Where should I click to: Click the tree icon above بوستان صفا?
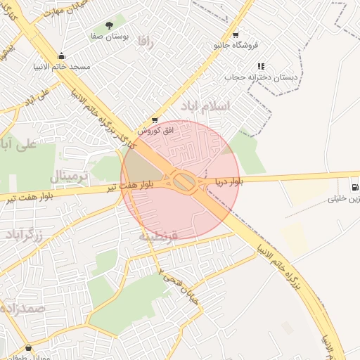pos(108,25)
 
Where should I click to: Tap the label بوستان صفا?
pos(109,36)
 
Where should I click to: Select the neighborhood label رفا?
pos(146,40)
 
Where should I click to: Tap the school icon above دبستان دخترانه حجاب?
pos(261,66)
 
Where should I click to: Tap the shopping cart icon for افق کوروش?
pos(154,120)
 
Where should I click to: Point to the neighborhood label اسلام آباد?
pos(205,106)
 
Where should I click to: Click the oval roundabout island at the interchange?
pos(185,182)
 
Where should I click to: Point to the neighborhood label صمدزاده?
pos(21,308)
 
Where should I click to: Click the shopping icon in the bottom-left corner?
pos(28,348)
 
